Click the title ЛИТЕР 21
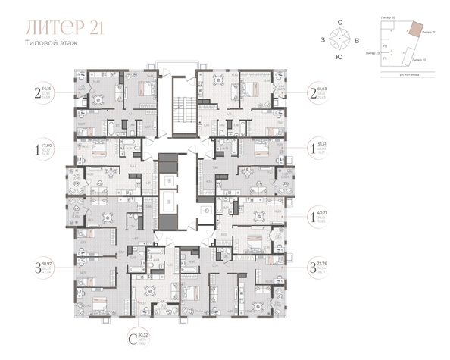(64, 28)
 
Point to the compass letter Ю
(340, 57)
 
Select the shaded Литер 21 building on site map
(415, 28)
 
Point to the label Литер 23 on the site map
(371, 54)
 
